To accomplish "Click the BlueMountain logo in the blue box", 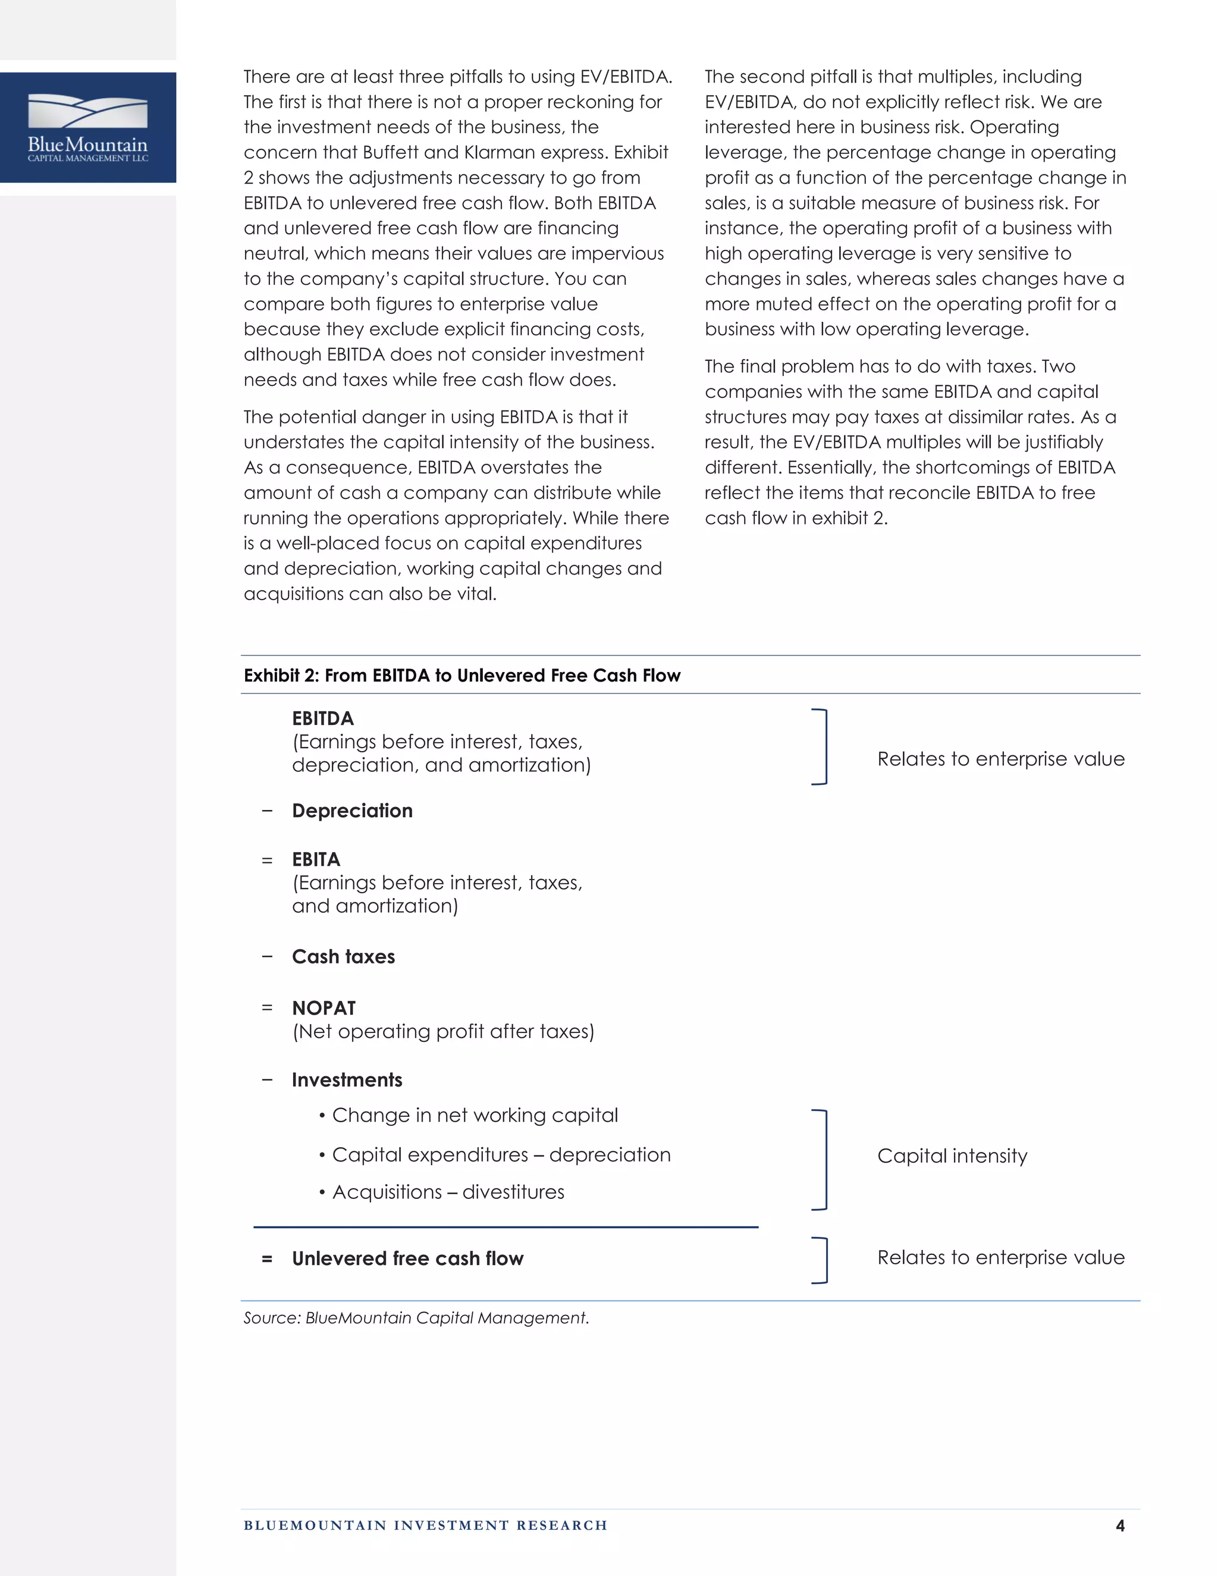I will (88, 128).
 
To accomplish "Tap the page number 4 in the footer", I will (1120, 1525).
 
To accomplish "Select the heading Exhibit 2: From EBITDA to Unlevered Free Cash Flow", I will (462, 676).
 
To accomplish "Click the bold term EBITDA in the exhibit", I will (322, 719).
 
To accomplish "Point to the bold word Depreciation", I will (352, 811).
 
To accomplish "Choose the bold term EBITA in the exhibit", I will (316, 859).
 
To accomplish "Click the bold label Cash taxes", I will (344, 957).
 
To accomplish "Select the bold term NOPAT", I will (324, 1008).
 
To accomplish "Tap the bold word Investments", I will (347, 1080).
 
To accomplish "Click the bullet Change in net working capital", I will (475, 1116).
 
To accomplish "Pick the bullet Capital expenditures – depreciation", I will (501, 1156).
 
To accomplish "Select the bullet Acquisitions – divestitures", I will (448, 1192).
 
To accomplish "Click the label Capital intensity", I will (952, 1156).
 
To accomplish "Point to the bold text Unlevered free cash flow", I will (407, 1258).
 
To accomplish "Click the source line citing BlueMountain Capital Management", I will (416, 1318).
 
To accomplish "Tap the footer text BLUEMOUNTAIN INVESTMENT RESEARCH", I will (426, 1525).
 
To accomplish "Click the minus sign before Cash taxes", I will (267, 957).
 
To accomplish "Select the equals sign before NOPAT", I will (267, 1008).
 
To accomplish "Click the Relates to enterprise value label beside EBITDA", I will (1001, 759).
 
